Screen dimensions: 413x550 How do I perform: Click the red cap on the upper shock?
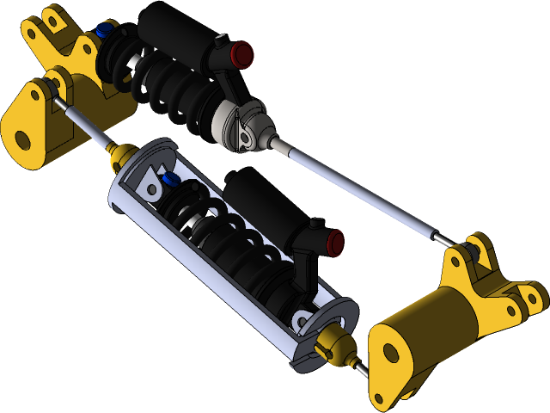[x=243, y=54]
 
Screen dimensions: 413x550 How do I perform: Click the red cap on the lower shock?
[x=335, y=242]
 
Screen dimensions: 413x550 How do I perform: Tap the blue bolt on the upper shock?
[x=106, y=30]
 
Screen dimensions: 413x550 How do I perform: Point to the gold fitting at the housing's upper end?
[x=120, y=156]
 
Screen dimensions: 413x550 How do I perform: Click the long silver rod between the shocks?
[x=361, y=186]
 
